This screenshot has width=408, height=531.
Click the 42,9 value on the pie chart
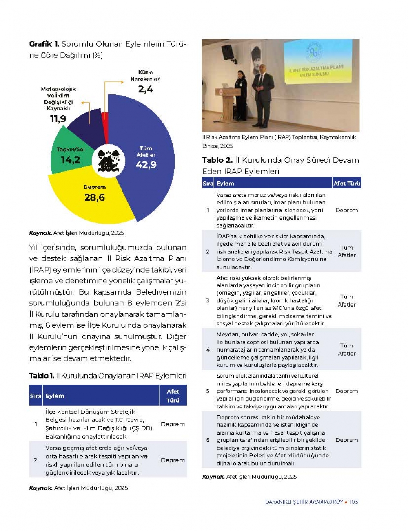pos(146,165)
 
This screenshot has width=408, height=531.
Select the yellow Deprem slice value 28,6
pos(94,197)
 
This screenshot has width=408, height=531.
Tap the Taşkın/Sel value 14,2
pos(70,160)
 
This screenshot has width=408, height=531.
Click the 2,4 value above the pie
pos(145,89)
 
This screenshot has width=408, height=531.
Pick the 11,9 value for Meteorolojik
pos(58,119)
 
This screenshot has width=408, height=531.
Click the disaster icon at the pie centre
pos(108,161)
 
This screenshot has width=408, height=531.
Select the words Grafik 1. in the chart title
pos(44,44)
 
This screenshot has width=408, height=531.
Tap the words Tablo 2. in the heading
pos(217,160)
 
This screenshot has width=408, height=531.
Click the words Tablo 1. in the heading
pos(41,376)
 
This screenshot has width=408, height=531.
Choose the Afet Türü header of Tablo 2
pos(346,184)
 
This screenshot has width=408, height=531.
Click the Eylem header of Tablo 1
pos(55,396)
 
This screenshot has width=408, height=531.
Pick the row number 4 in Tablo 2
pos(208,350)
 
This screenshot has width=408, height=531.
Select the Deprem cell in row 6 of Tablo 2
pos(346,440)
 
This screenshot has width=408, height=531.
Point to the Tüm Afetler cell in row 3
pos(346,300)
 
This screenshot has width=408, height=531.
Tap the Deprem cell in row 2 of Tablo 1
pos(173,460)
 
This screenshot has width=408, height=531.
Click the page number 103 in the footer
pos(354,502)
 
